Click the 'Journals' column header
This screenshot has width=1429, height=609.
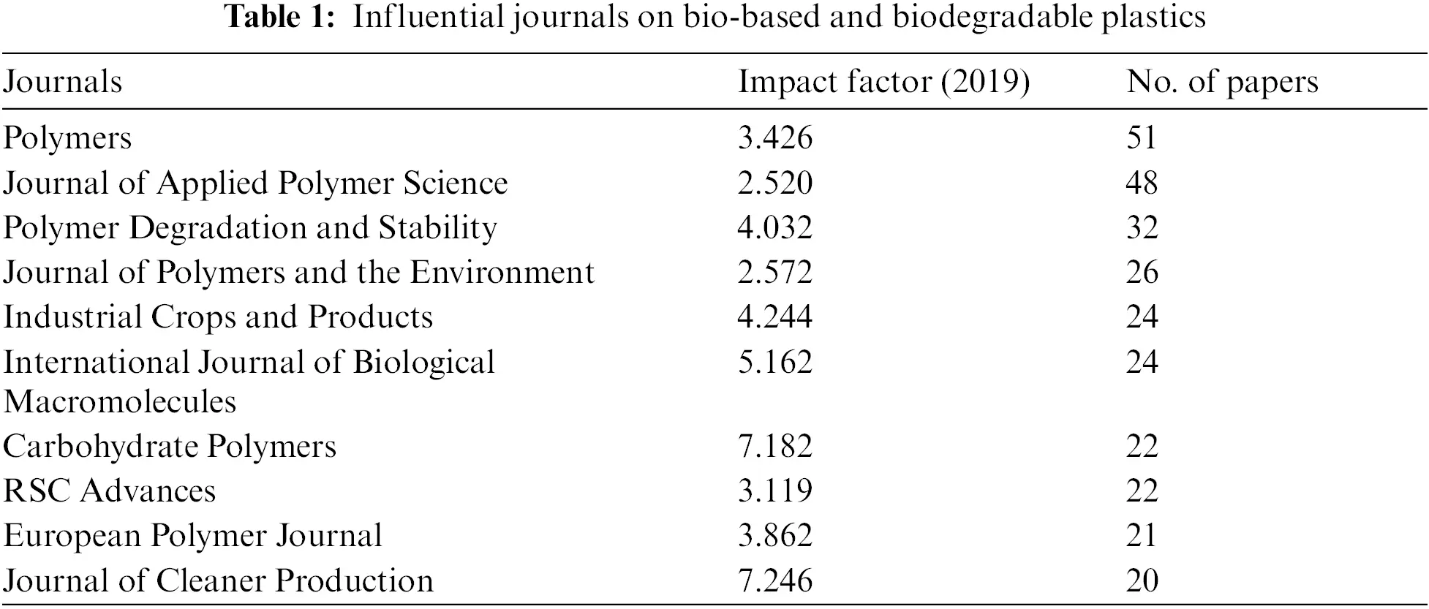tap(62, 82)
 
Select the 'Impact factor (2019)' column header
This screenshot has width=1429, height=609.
tap(883, 82)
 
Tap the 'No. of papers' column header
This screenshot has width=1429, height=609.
tap(1222, 82)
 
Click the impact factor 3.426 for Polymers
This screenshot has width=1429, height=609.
tap(774, 138)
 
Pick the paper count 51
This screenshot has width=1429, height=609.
tap(1142, 138)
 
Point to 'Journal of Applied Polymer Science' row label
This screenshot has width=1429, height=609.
tap(255, 184)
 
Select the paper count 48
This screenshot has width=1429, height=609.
tap(1142, 184)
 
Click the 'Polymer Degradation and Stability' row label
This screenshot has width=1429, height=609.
tap(250, 228)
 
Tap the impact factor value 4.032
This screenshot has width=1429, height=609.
tap(774, 228)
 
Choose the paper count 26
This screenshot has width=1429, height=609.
tap(1142, 273)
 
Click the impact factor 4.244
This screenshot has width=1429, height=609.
tap(774, 317)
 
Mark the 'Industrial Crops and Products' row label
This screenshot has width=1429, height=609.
tap(218, 317)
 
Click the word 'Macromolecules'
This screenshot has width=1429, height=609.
tap(120, 402)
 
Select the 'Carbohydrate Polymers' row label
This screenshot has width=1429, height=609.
tap(170, 447)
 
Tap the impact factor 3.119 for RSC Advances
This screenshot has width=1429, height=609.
tap(774, 491)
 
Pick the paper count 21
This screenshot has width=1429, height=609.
tap(1142, 536)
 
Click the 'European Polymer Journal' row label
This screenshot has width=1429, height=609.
tap(192, 536)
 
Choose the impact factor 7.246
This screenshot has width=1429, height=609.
tap(774, 581)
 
